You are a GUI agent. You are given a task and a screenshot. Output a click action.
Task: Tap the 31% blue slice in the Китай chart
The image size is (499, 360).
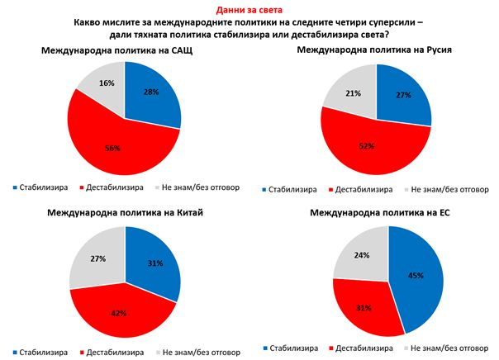(x=154, y=263)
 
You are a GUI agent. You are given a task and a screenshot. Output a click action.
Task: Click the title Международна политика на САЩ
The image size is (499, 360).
(x=124, y=52)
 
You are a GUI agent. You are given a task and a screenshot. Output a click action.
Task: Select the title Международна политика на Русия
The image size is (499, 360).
(x=376, y=52)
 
